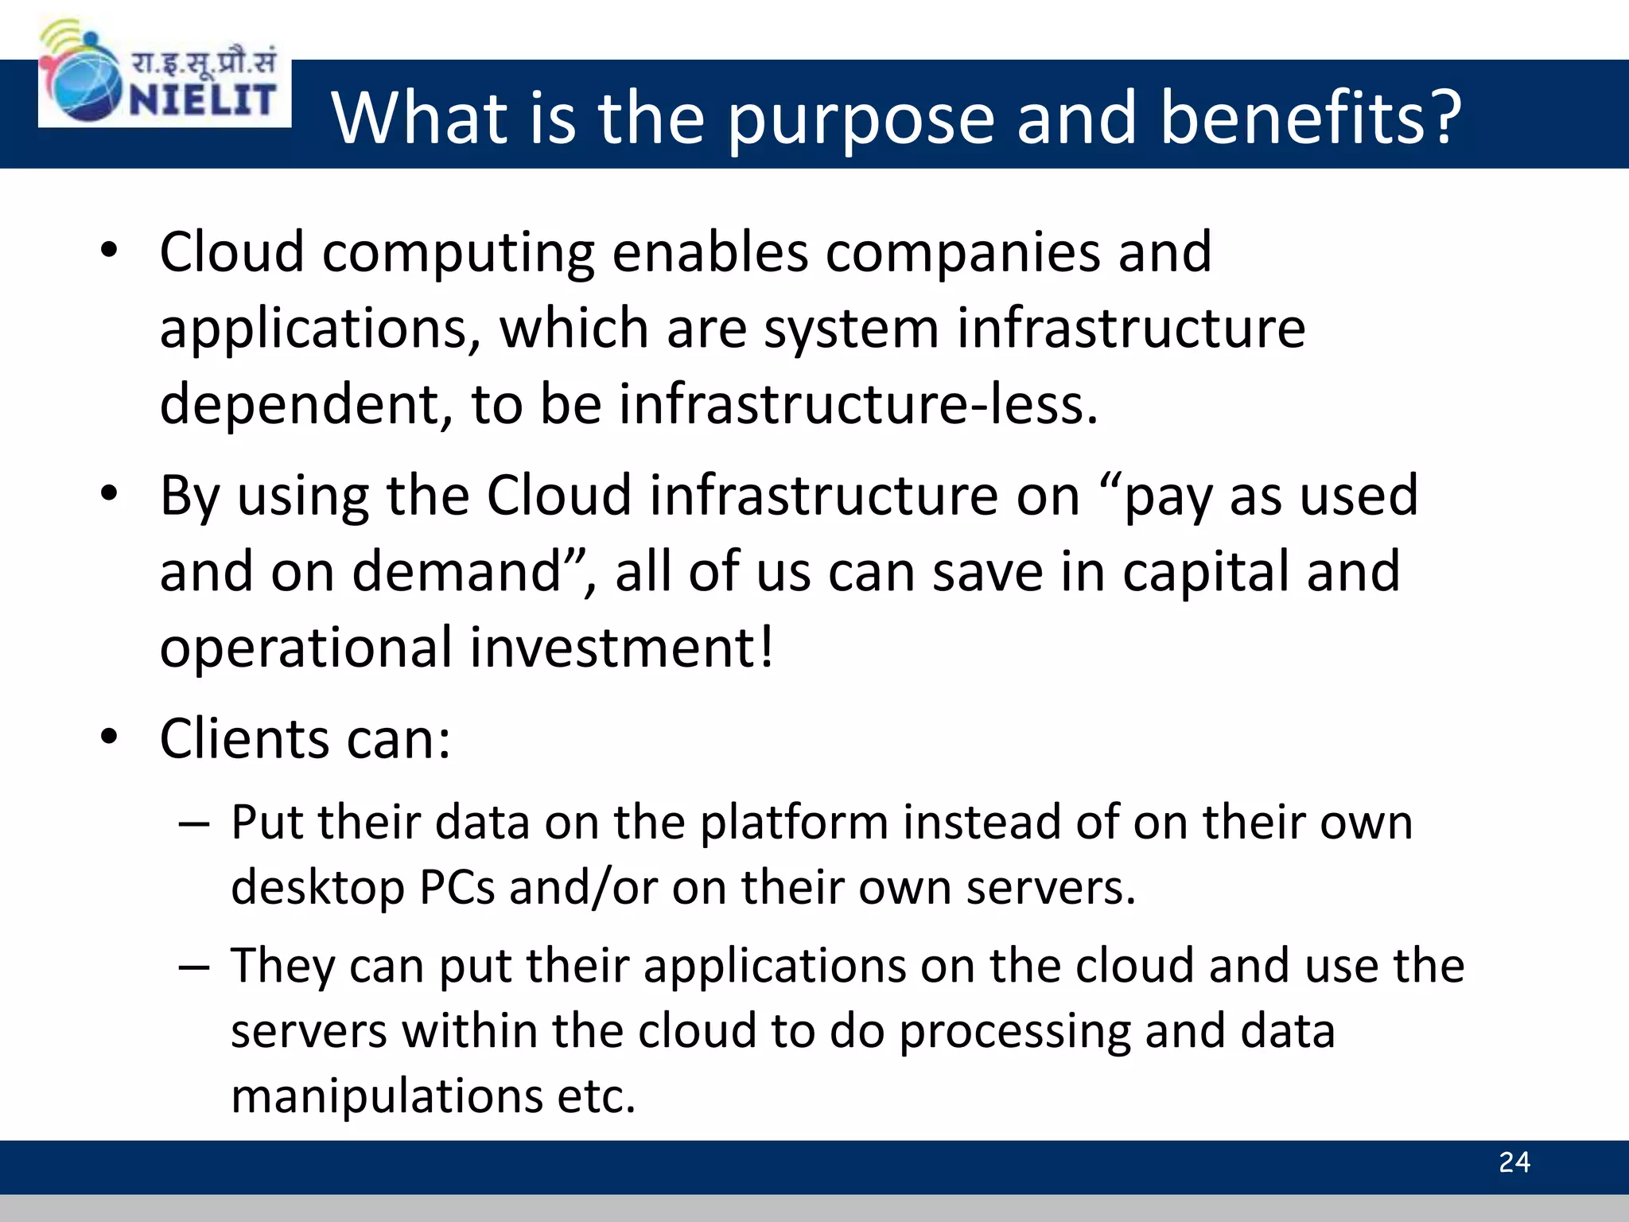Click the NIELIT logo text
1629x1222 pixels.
point(202,99)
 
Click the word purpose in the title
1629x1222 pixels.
point(861,119)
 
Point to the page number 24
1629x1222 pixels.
point(1514,1162)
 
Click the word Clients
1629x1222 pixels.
point(243,738)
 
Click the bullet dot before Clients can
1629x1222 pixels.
point(109,735)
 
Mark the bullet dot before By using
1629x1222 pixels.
point(109,492)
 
